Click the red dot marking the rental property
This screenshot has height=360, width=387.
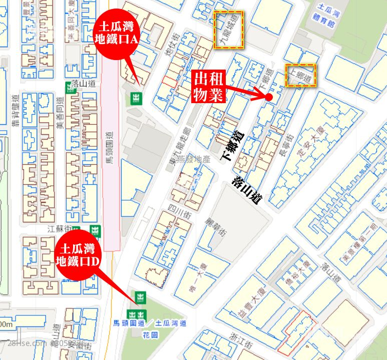(x=269, y=97)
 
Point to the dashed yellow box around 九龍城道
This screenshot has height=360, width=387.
(x=229, y=30)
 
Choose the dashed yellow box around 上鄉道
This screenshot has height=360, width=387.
(x=300, y=76)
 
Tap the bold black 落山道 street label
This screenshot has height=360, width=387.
(x=248, y=190)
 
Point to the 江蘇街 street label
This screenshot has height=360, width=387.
(x=56, y=229)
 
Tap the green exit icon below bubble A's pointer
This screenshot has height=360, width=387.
(x=136, y=98)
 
